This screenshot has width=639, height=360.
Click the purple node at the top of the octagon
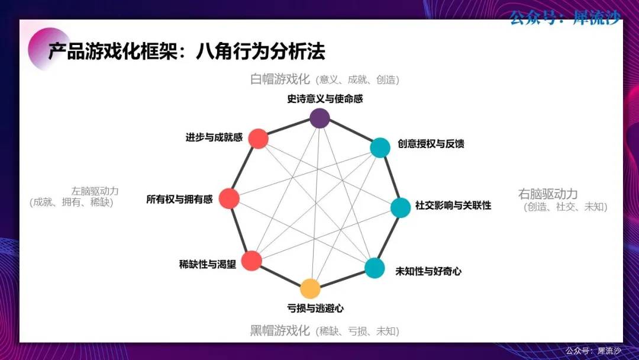(x=319, y=118)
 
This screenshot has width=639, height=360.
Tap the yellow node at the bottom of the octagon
(x=310, y=289)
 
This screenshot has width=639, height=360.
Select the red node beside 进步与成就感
(x=259, y=139)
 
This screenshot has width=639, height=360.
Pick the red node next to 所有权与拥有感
(x=229, y=198)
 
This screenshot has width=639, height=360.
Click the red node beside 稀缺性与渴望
(x=251, y=261)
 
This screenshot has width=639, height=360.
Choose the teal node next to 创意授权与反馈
(x=380, y=147)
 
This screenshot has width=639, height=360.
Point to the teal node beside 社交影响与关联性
(x=401, y=207)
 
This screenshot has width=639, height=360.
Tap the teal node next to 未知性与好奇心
(x=375, y=268)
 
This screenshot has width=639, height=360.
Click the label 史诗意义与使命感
(x=325, y=99)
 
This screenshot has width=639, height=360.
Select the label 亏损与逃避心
(x=315, y=308)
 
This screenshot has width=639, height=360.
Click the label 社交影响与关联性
(x=453, y=205)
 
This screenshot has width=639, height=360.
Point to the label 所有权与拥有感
(x=179, y=200)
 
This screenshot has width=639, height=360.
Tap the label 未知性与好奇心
(x=428, y=271)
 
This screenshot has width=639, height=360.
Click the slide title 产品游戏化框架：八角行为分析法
(x=186, y=52)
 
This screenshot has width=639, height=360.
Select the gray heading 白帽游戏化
(x=280, y=79)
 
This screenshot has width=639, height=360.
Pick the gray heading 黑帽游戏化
(x=280, y=330)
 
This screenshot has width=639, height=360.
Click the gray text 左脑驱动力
(x=95, y=191)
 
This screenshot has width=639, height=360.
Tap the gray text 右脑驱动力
(x=548, y=194)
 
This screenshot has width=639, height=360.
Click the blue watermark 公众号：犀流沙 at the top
(x=565, y=18)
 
